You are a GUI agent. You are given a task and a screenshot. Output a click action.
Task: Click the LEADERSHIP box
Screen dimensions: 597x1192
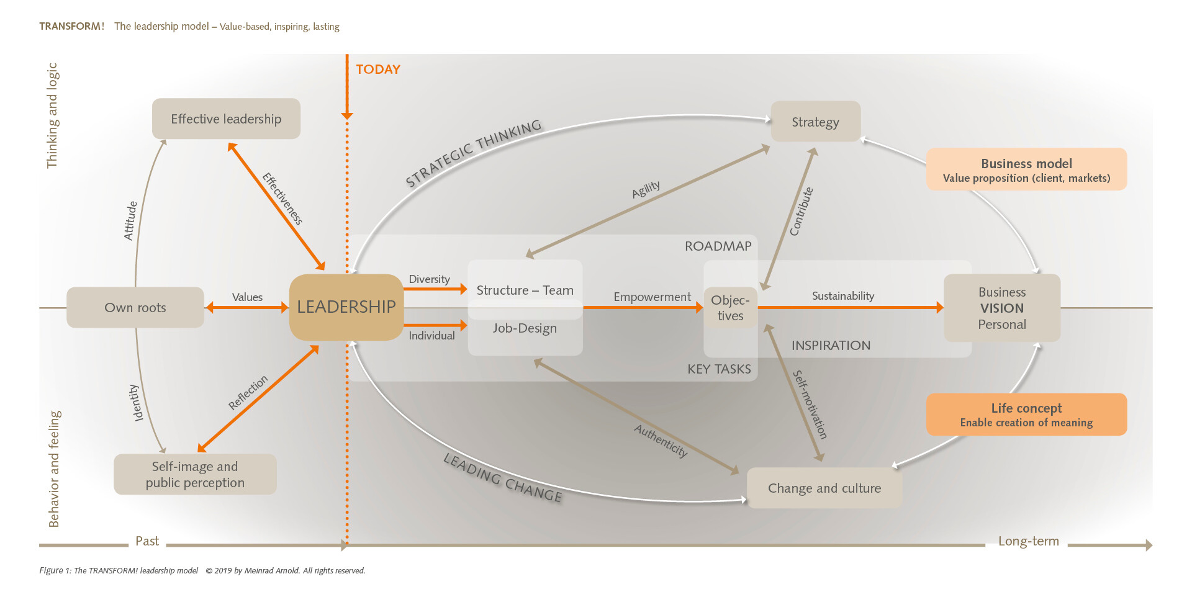click(x=346, y=307)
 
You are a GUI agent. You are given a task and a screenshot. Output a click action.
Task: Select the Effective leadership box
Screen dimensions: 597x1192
click(x=226, y=119)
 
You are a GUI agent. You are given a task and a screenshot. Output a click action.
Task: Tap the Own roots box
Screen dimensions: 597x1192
click(x=135, y=307)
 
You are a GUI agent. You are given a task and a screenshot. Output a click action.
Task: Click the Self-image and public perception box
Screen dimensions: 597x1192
click(x=195, y=474)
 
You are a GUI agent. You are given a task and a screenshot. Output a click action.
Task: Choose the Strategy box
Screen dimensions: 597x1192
click(x=815, y=122)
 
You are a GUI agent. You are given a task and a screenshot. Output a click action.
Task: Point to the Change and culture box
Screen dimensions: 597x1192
click(x=824, y=488)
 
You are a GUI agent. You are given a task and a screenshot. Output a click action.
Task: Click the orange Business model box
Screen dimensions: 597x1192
click(x=1026, y=169)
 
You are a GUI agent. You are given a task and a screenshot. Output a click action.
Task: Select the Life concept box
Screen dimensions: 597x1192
click(x=1026, y=415)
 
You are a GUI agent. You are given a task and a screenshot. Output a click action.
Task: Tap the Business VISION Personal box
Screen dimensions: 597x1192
click(x=1001, y=308)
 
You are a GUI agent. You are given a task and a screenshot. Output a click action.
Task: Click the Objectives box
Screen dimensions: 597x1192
click(x=730, y=307)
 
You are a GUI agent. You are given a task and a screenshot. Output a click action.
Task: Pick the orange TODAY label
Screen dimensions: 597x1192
click(x=377, y=70)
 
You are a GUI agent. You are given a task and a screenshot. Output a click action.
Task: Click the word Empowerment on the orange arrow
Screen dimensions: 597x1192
click(x=652, y=297)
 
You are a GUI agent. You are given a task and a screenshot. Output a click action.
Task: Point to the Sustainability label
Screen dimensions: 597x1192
click(x=842, y=296)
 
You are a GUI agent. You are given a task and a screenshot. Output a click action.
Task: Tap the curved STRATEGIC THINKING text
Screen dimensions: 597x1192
click(x=474, y=152)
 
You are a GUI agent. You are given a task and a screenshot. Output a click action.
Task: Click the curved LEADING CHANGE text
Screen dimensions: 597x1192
click(x=502, y=478)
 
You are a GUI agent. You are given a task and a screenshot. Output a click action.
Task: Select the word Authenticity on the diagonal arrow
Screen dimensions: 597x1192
click(x=661, y=441)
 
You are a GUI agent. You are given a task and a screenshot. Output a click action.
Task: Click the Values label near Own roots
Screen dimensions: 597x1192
click(x=247, y=297)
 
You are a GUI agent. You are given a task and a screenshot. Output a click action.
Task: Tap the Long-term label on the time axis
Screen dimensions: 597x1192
click(x=1028, y=541)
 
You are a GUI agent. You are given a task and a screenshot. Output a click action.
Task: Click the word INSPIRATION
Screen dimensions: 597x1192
click(x=831, y=345)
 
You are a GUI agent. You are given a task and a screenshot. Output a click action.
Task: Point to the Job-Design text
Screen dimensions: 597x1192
click(x=525, y=328)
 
